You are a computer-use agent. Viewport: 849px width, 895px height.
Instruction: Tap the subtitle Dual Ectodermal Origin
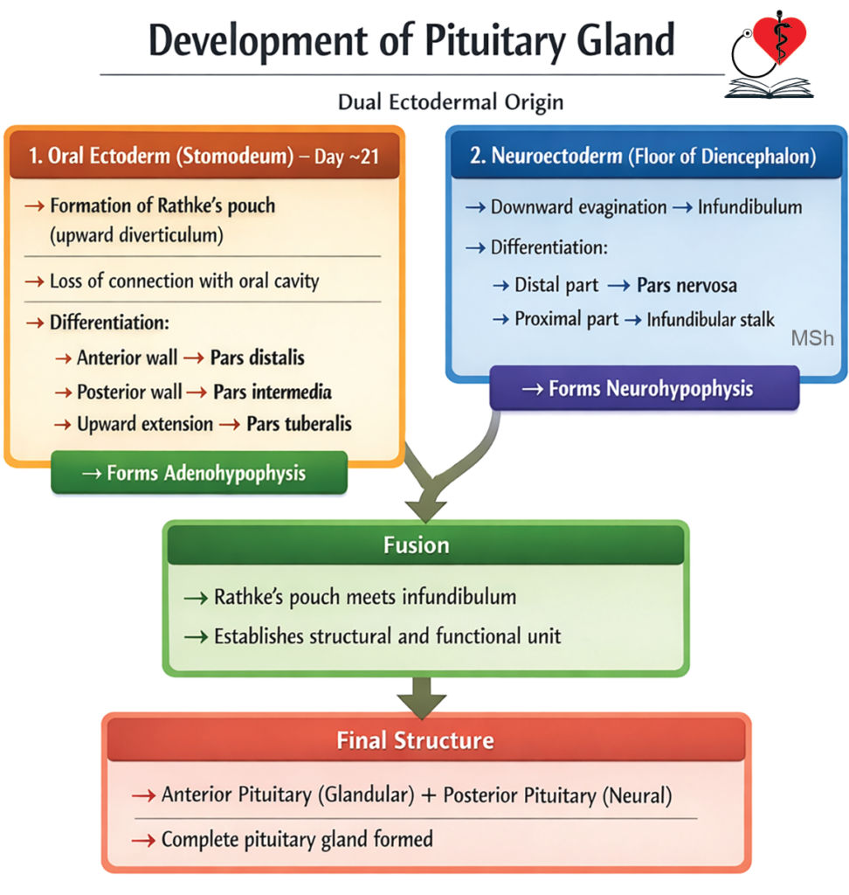coord(450,102)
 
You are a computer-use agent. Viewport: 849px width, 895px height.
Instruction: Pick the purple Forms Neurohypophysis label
coord(644,388)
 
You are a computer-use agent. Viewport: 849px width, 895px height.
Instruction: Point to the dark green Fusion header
coord(417,545)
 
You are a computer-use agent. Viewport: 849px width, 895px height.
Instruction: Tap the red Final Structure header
coord(416,741)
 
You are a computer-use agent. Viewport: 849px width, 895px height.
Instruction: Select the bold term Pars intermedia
coord(272,392)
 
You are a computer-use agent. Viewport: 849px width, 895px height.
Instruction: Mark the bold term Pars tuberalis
coord(299,424)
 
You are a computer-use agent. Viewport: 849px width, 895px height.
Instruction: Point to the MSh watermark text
coord(812,338)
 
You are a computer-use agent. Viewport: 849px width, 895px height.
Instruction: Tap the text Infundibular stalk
coord(710,320)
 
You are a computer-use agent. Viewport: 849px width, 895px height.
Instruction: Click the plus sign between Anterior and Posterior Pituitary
coord(429,795)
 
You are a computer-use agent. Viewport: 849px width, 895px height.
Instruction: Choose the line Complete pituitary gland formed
coord(297,840)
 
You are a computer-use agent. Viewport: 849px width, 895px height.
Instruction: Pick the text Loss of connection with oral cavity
coord(184,281)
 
